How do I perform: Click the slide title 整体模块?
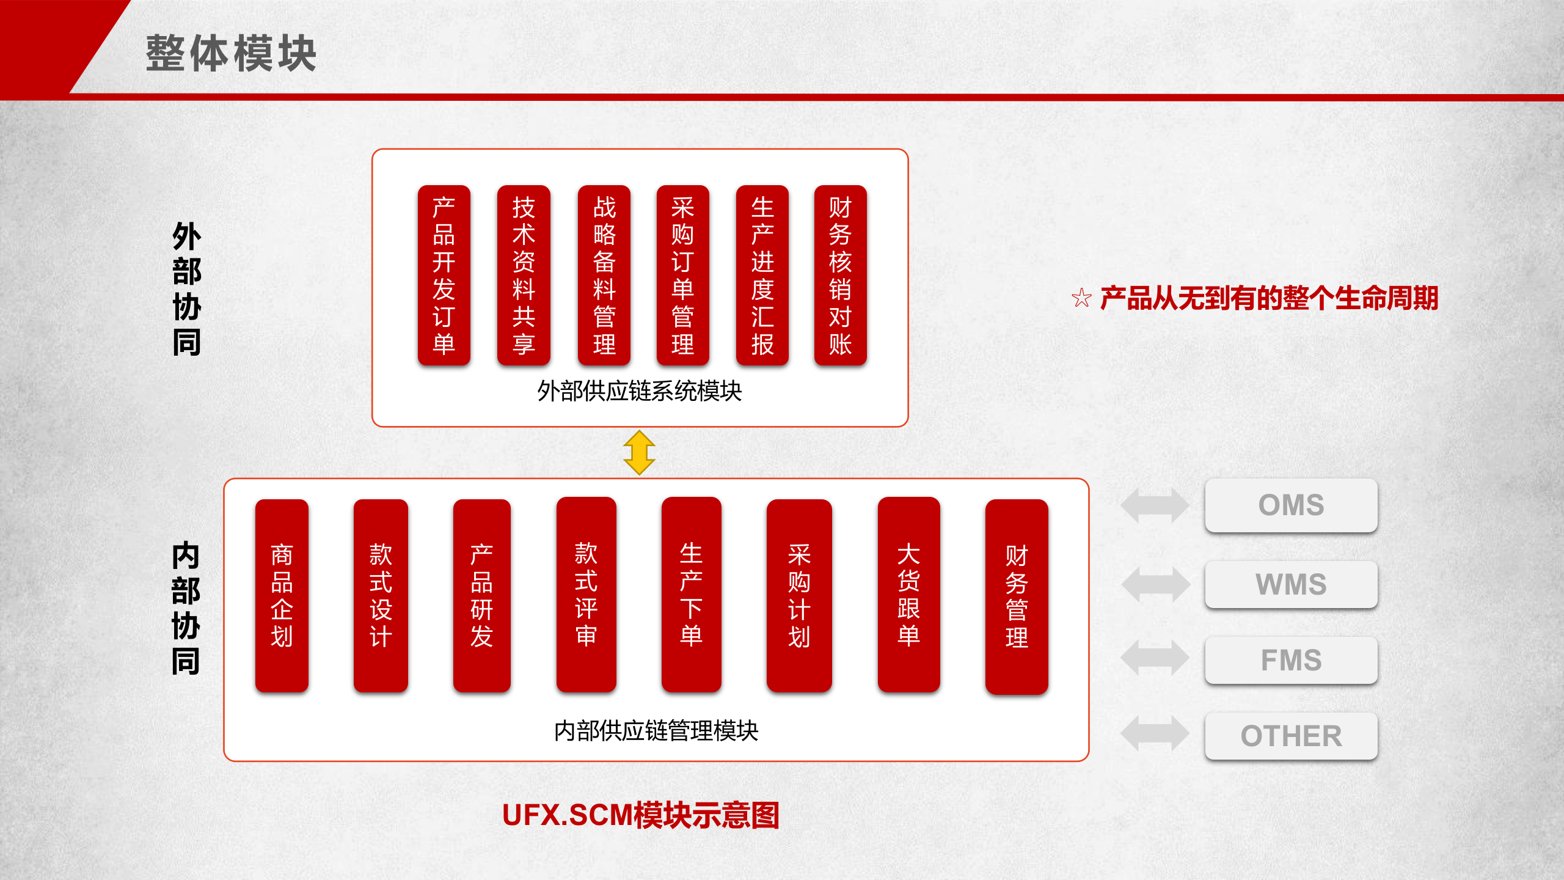[231, 54]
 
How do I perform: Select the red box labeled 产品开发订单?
[444, 275]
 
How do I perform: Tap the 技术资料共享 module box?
[524, 275]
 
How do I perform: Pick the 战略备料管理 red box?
[604, 275]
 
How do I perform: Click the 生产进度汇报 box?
[762, 275]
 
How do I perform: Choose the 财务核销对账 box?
[840, 275]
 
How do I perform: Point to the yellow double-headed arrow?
[639, 452]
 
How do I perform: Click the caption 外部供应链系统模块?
[639, 391]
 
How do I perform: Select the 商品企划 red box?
[282, 595]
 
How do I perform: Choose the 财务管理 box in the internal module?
[1017, 596]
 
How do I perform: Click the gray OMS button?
[1291, 505]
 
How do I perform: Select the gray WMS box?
[1291, 584]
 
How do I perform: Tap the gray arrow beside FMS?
[1155, 658]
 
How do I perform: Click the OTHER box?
[1291, 736]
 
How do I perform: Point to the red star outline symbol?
[1081, 298]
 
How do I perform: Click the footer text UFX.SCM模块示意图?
[640, 815]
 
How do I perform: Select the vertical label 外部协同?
[186, 288]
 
